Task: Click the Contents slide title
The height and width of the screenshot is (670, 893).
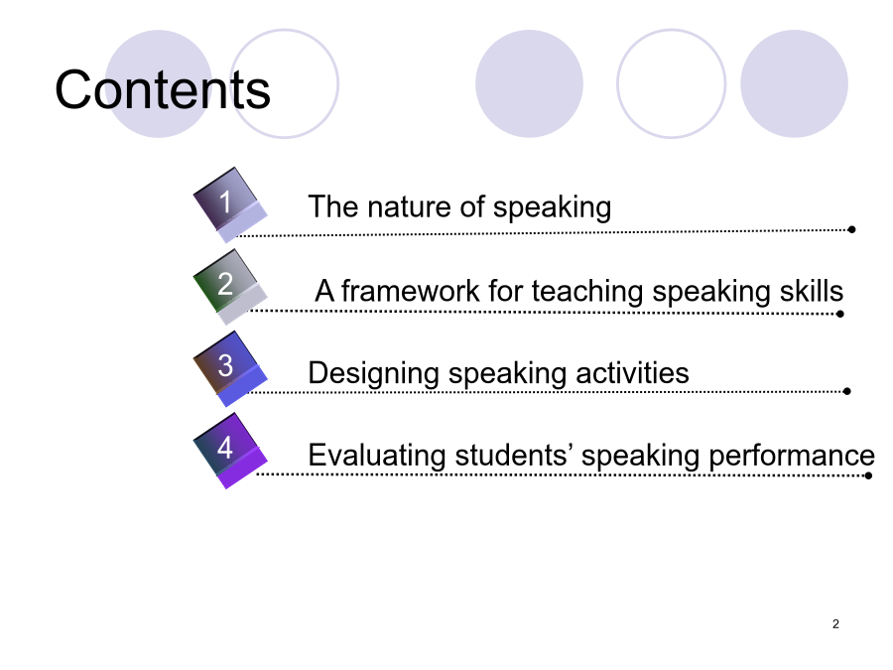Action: click(x=163, y=89)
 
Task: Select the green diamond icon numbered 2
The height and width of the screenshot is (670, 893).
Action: click(x=229, y=287)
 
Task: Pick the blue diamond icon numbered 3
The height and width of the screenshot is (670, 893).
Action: click(x=229, y=368)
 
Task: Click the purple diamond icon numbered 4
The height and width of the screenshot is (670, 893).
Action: click(x=229, y=451)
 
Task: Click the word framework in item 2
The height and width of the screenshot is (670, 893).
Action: click(x=411, y=291)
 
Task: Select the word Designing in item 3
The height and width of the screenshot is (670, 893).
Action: click(x=373, y=374)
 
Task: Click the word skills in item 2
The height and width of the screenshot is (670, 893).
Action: click(x=812, y=291)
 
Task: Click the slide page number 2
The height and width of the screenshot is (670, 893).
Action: click(x=835, y=624)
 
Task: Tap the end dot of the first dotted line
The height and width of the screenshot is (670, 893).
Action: click(x=851, y=229)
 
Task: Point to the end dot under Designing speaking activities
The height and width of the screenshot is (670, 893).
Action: click(x=847, y=391)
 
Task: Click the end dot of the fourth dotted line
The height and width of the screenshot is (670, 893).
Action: click(x=868, y=475)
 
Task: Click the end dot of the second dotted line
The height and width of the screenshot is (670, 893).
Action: click(x=840, y=314)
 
